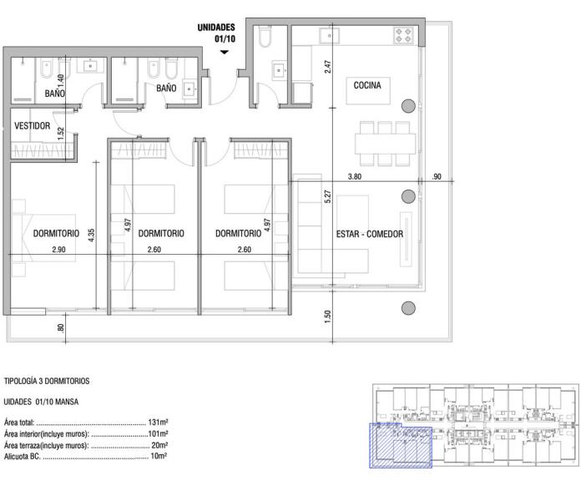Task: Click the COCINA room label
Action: pos(367,86)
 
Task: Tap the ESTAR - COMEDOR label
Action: pos(370,234)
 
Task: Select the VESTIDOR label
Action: pos(33,125)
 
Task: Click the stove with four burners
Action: pos(404,36)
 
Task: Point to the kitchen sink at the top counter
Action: pos(329,36)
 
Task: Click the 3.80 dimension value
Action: pos(355,176)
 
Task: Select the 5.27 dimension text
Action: pos(328,196)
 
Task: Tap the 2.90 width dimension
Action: pos(59,250)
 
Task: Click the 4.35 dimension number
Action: pos(91,235)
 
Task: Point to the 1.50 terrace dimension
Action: pos(328,316)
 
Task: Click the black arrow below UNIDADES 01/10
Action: pos(225,53)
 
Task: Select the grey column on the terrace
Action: pos(408,308)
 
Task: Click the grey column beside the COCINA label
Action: pos(408,106)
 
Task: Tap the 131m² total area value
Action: pos(158,422)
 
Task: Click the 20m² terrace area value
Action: pos(159,445)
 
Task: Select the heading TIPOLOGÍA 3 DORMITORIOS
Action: pos(47,381)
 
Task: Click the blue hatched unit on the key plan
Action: pos(401,445)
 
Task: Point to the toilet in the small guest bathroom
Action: pos(265,37)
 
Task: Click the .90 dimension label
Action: pos(437,176)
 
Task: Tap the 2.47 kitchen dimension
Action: pos(328,67)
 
